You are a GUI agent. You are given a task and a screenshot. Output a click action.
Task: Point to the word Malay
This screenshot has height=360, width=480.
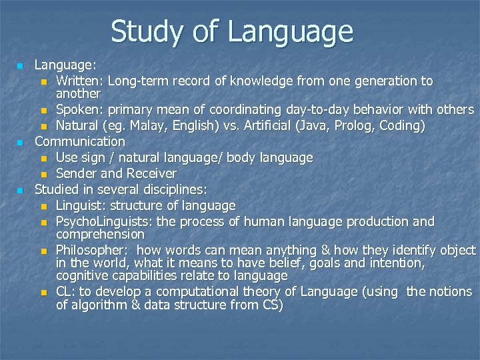pos(147,125)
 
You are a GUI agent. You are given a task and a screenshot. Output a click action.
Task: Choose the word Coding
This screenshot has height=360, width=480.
pos(402,125)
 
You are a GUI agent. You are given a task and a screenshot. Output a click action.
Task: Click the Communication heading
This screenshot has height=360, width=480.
pos(79,141)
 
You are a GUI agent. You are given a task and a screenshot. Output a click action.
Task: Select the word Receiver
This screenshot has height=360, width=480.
pos(151,173)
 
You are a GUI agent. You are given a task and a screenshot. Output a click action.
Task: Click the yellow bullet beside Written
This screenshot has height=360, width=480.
pos(44,82)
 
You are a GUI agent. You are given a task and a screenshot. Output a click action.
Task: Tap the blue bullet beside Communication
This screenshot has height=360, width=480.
pos(21,142)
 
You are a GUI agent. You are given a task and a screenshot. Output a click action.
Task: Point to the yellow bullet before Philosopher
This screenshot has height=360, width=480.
pos(44,251)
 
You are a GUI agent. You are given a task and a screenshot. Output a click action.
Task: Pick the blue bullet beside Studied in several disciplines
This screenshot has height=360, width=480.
pos(21,190)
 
